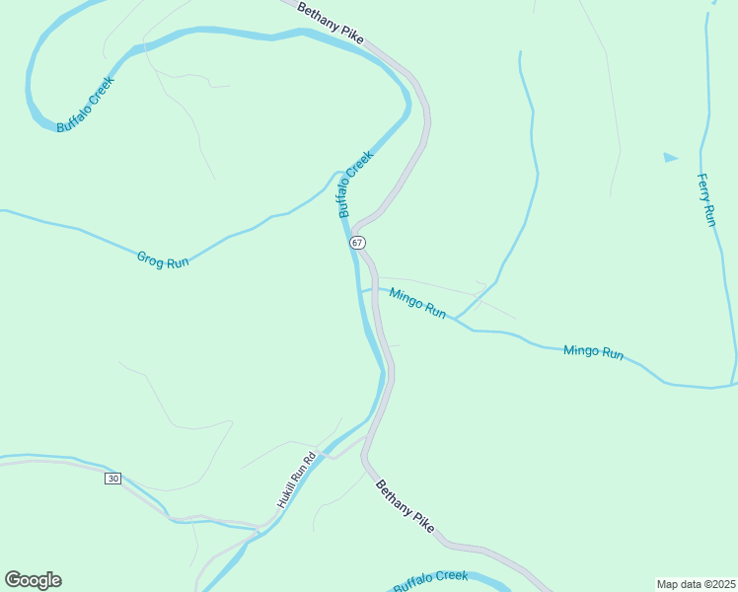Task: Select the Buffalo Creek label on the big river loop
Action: tap(86, 105)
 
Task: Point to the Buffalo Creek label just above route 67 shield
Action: tap(356, 184)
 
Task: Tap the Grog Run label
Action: tap(163, 260)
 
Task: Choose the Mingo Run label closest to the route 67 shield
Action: tap(416, 303)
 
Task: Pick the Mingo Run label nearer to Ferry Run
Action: tap(593, 351)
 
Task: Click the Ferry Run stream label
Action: tap(705, 200)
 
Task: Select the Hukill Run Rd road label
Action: tap(295, 480)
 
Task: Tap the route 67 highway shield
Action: tap(357, 242)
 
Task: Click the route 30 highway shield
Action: tap(113, 479)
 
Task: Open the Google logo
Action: tap(33, 580)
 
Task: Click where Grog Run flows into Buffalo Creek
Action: tap(335, 175)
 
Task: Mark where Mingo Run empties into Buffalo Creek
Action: tap(361, 292)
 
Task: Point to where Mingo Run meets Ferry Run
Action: tap(733, 384)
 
